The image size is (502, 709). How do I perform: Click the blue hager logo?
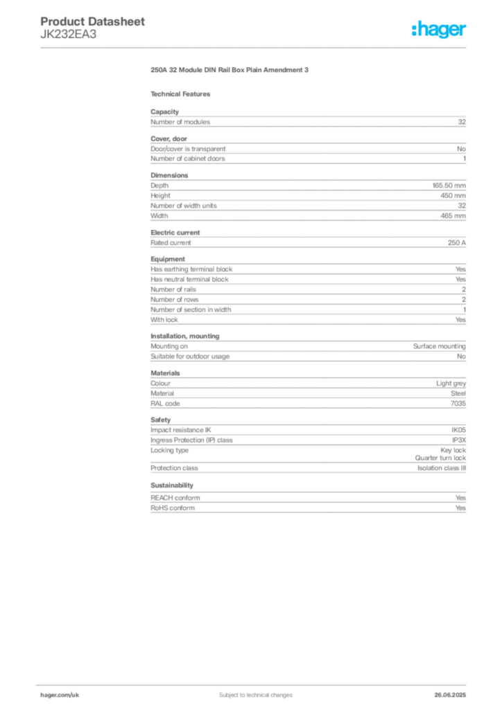coord(440,31)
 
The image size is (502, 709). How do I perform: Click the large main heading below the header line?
coord(230,70)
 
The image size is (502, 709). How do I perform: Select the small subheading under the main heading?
coord(183,93)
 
